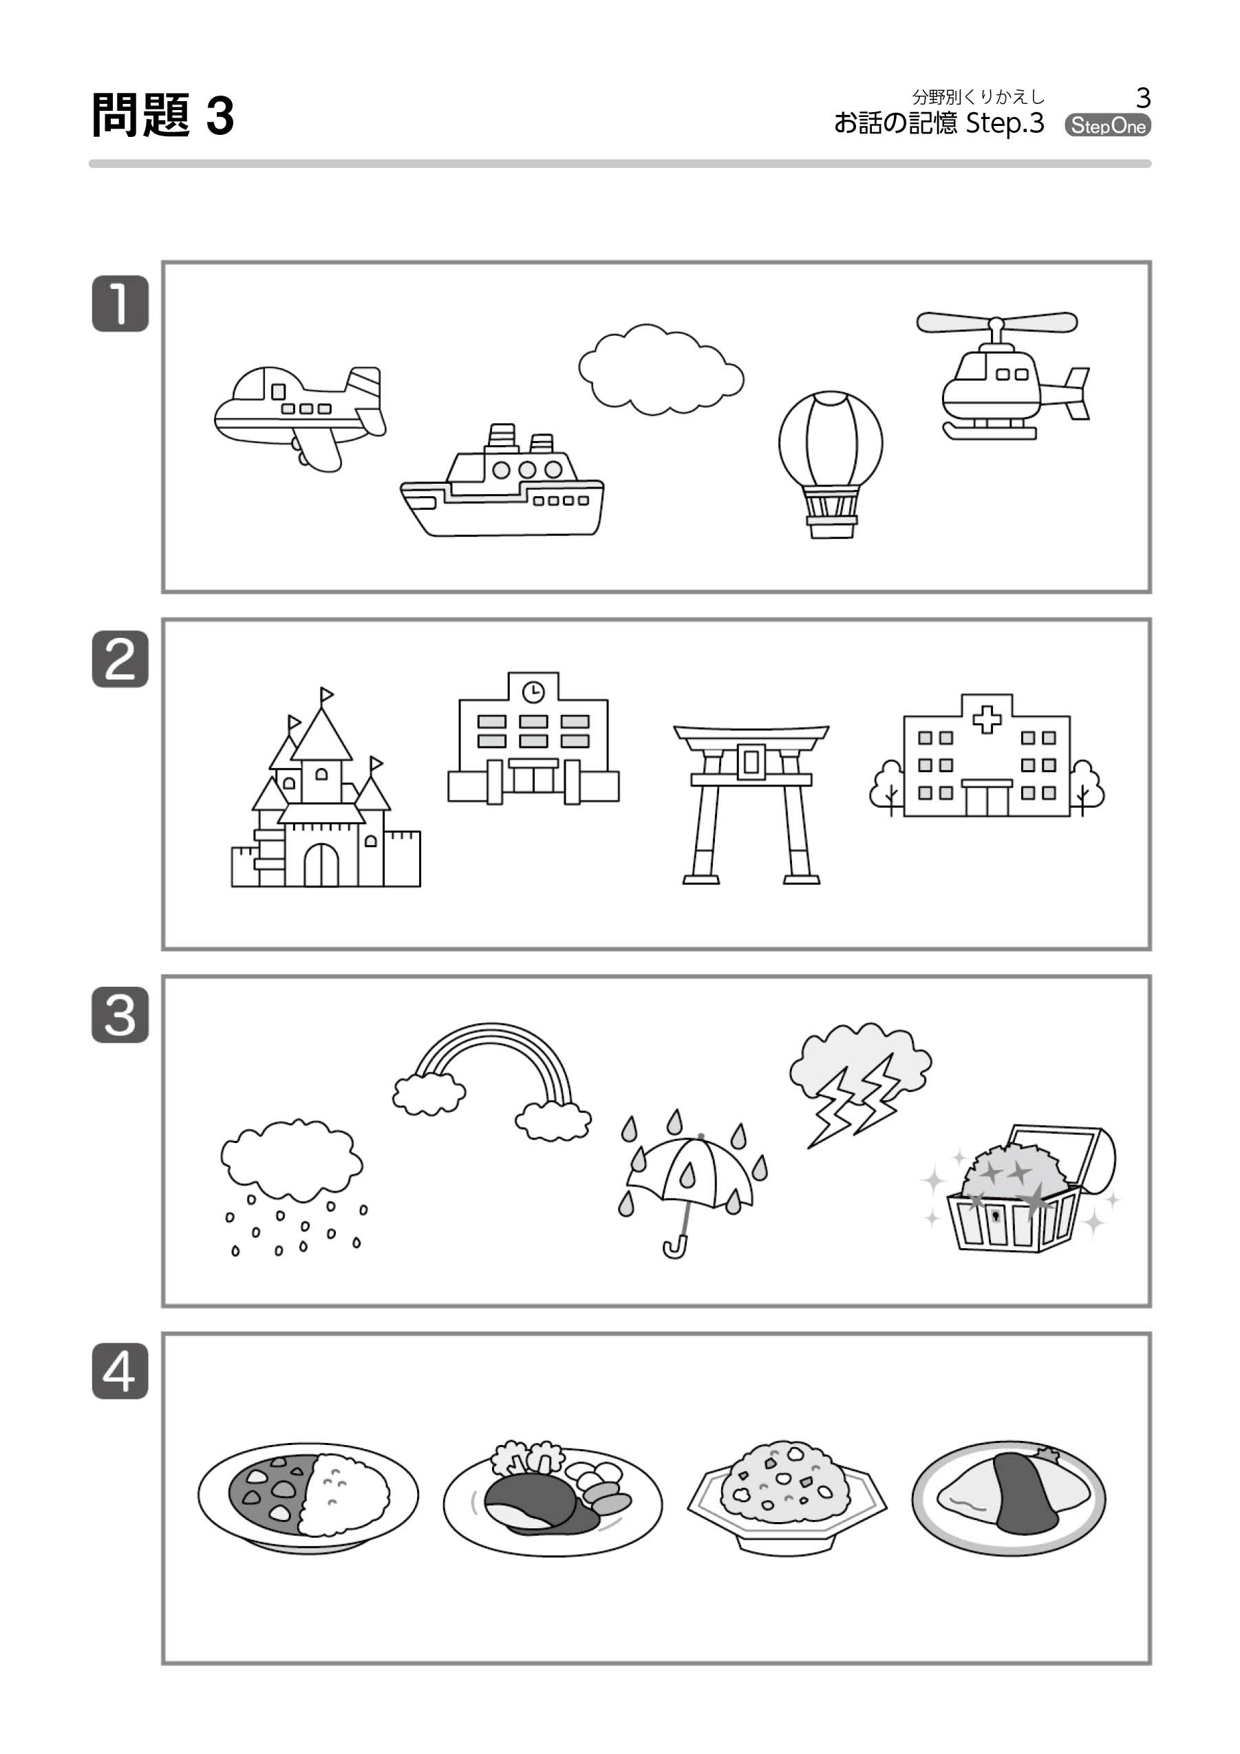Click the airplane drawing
click(299, 417)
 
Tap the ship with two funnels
click(502, 481)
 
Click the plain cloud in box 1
click(661, 370)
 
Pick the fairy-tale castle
click(325, 787)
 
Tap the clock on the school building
click(533, 692)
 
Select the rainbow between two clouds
click(492, 1080)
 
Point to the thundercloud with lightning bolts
click(860, 1084)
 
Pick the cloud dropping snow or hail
click(292, 1187)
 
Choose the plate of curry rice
click(308, 1497)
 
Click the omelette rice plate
click(1009, 1495)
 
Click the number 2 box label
click(120, 659)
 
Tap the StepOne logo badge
click(1108, 125)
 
